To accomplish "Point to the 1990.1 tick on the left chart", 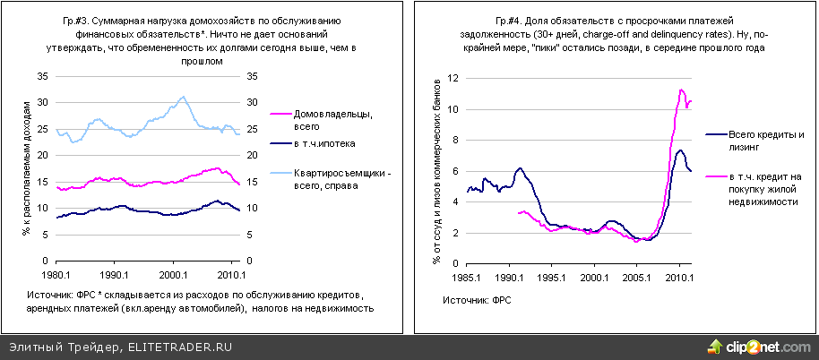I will point(114,275).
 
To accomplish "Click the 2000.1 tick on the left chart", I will point(172,275).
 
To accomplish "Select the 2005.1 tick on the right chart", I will point(637,279).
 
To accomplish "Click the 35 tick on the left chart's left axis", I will point(42,77).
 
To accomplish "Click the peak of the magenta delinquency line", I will point(682,90).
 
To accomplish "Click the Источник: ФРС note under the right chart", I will point(476,301).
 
